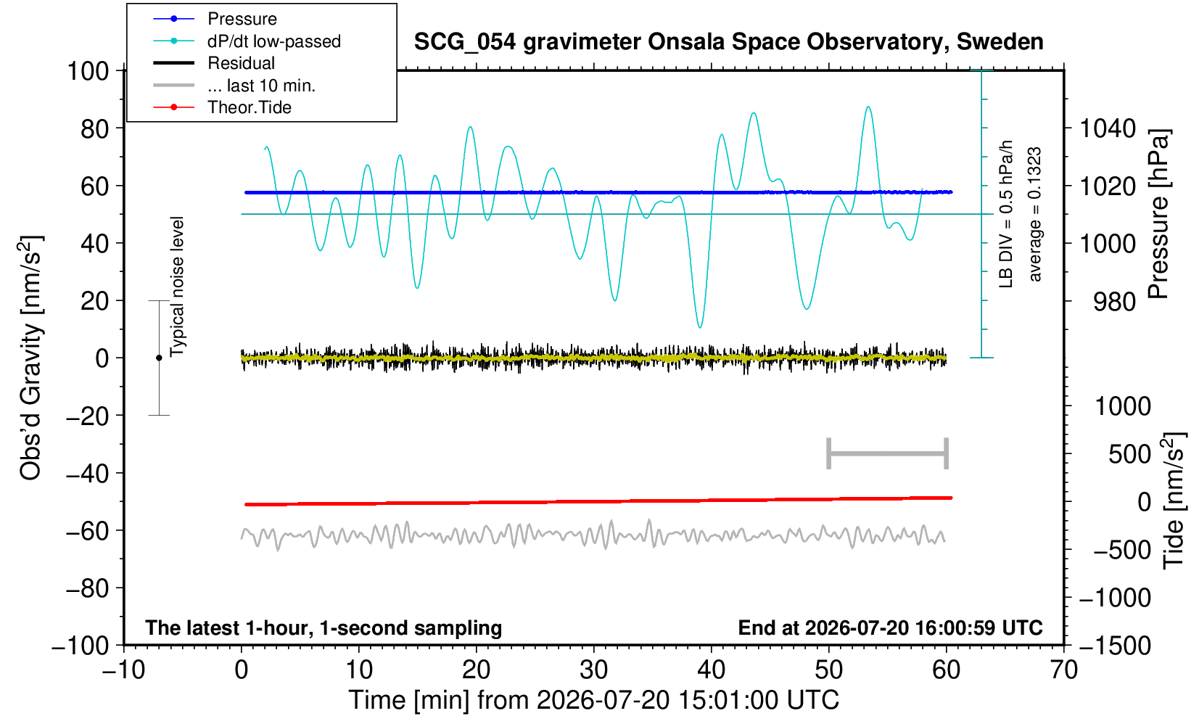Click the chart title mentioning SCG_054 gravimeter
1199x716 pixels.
(728, 42)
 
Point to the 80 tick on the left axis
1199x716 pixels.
(95, 129)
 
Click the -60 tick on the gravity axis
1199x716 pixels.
(87, 531)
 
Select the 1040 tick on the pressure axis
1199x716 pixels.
(1108, 128)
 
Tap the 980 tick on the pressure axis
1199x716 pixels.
(1114, 302)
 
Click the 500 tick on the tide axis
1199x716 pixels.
(1129, 454)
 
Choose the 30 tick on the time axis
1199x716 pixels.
(593, 670)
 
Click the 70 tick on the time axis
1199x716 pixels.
(1063, 670)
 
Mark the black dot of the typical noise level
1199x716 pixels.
(159, 358)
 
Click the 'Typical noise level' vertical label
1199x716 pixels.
(177, 287)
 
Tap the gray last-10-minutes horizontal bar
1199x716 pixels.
(888, 453)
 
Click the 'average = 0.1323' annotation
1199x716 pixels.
(1034, 214)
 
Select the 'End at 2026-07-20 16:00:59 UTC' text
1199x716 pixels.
(890, 627)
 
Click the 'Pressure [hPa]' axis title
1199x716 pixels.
(1158, 214)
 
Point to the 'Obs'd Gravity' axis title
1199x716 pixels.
(31, 358)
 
